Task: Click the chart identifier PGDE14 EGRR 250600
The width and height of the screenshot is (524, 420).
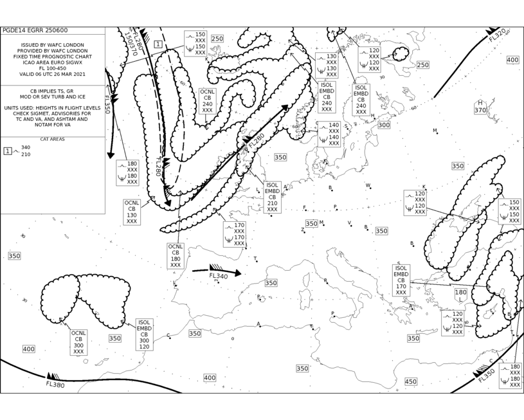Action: pos(35,30)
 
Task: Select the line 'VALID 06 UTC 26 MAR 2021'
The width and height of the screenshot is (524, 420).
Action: pos(53,74)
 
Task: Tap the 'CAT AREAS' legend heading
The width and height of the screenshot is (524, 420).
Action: pos(53,140)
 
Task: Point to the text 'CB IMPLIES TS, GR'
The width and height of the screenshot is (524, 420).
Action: pos(53,91)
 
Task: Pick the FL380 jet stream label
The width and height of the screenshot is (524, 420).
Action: pos(55,384)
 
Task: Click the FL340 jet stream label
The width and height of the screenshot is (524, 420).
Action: pos(219,276)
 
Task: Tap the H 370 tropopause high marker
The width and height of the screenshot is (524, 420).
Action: pos(480,107)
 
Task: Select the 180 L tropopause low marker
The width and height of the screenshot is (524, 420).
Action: pos(460,296)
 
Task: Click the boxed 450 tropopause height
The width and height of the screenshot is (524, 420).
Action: pos(410,381)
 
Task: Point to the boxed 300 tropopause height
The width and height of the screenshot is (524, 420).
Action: pos(384,125)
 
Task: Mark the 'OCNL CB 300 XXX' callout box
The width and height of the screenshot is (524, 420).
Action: pos(78,343)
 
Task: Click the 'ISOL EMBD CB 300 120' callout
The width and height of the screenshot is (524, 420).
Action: pos(144,334)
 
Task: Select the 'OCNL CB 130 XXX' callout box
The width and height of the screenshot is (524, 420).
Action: pos(132,212)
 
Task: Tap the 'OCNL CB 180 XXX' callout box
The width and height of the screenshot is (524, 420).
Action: pos(176,255)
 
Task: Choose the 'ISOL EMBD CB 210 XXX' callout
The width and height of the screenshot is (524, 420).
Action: pos(272,197)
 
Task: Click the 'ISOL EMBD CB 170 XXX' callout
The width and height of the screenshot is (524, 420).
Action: pos(401,280)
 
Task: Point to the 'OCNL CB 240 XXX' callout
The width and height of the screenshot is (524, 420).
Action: pos(207,101)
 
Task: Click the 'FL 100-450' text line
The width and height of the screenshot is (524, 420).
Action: pos(53,68)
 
